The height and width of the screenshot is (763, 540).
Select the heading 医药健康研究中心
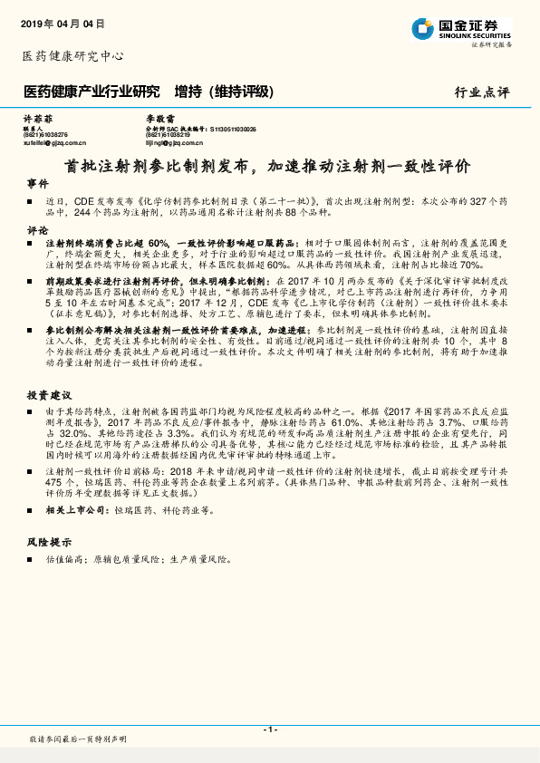pos(72,56)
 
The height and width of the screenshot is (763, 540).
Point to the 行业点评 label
pos(483,92)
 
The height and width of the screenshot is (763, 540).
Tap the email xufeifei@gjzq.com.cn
pos(54,142)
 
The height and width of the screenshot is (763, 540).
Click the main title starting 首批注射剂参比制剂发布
pos(268,167)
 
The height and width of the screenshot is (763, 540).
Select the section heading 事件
pos(37,184)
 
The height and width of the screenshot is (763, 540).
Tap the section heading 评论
pos(37,231)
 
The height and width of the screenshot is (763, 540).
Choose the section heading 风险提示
pos(49,541)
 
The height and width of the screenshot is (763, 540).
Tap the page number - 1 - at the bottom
pos(269,729)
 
